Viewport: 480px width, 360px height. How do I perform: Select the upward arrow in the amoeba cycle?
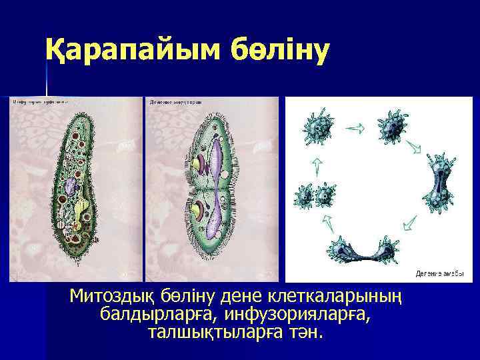coord(317,162)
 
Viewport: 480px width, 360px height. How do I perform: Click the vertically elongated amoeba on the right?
coord(437,190)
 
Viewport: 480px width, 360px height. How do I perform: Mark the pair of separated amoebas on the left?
coord(315,195)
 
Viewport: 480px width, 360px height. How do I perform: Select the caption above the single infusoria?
coord(40,102)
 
